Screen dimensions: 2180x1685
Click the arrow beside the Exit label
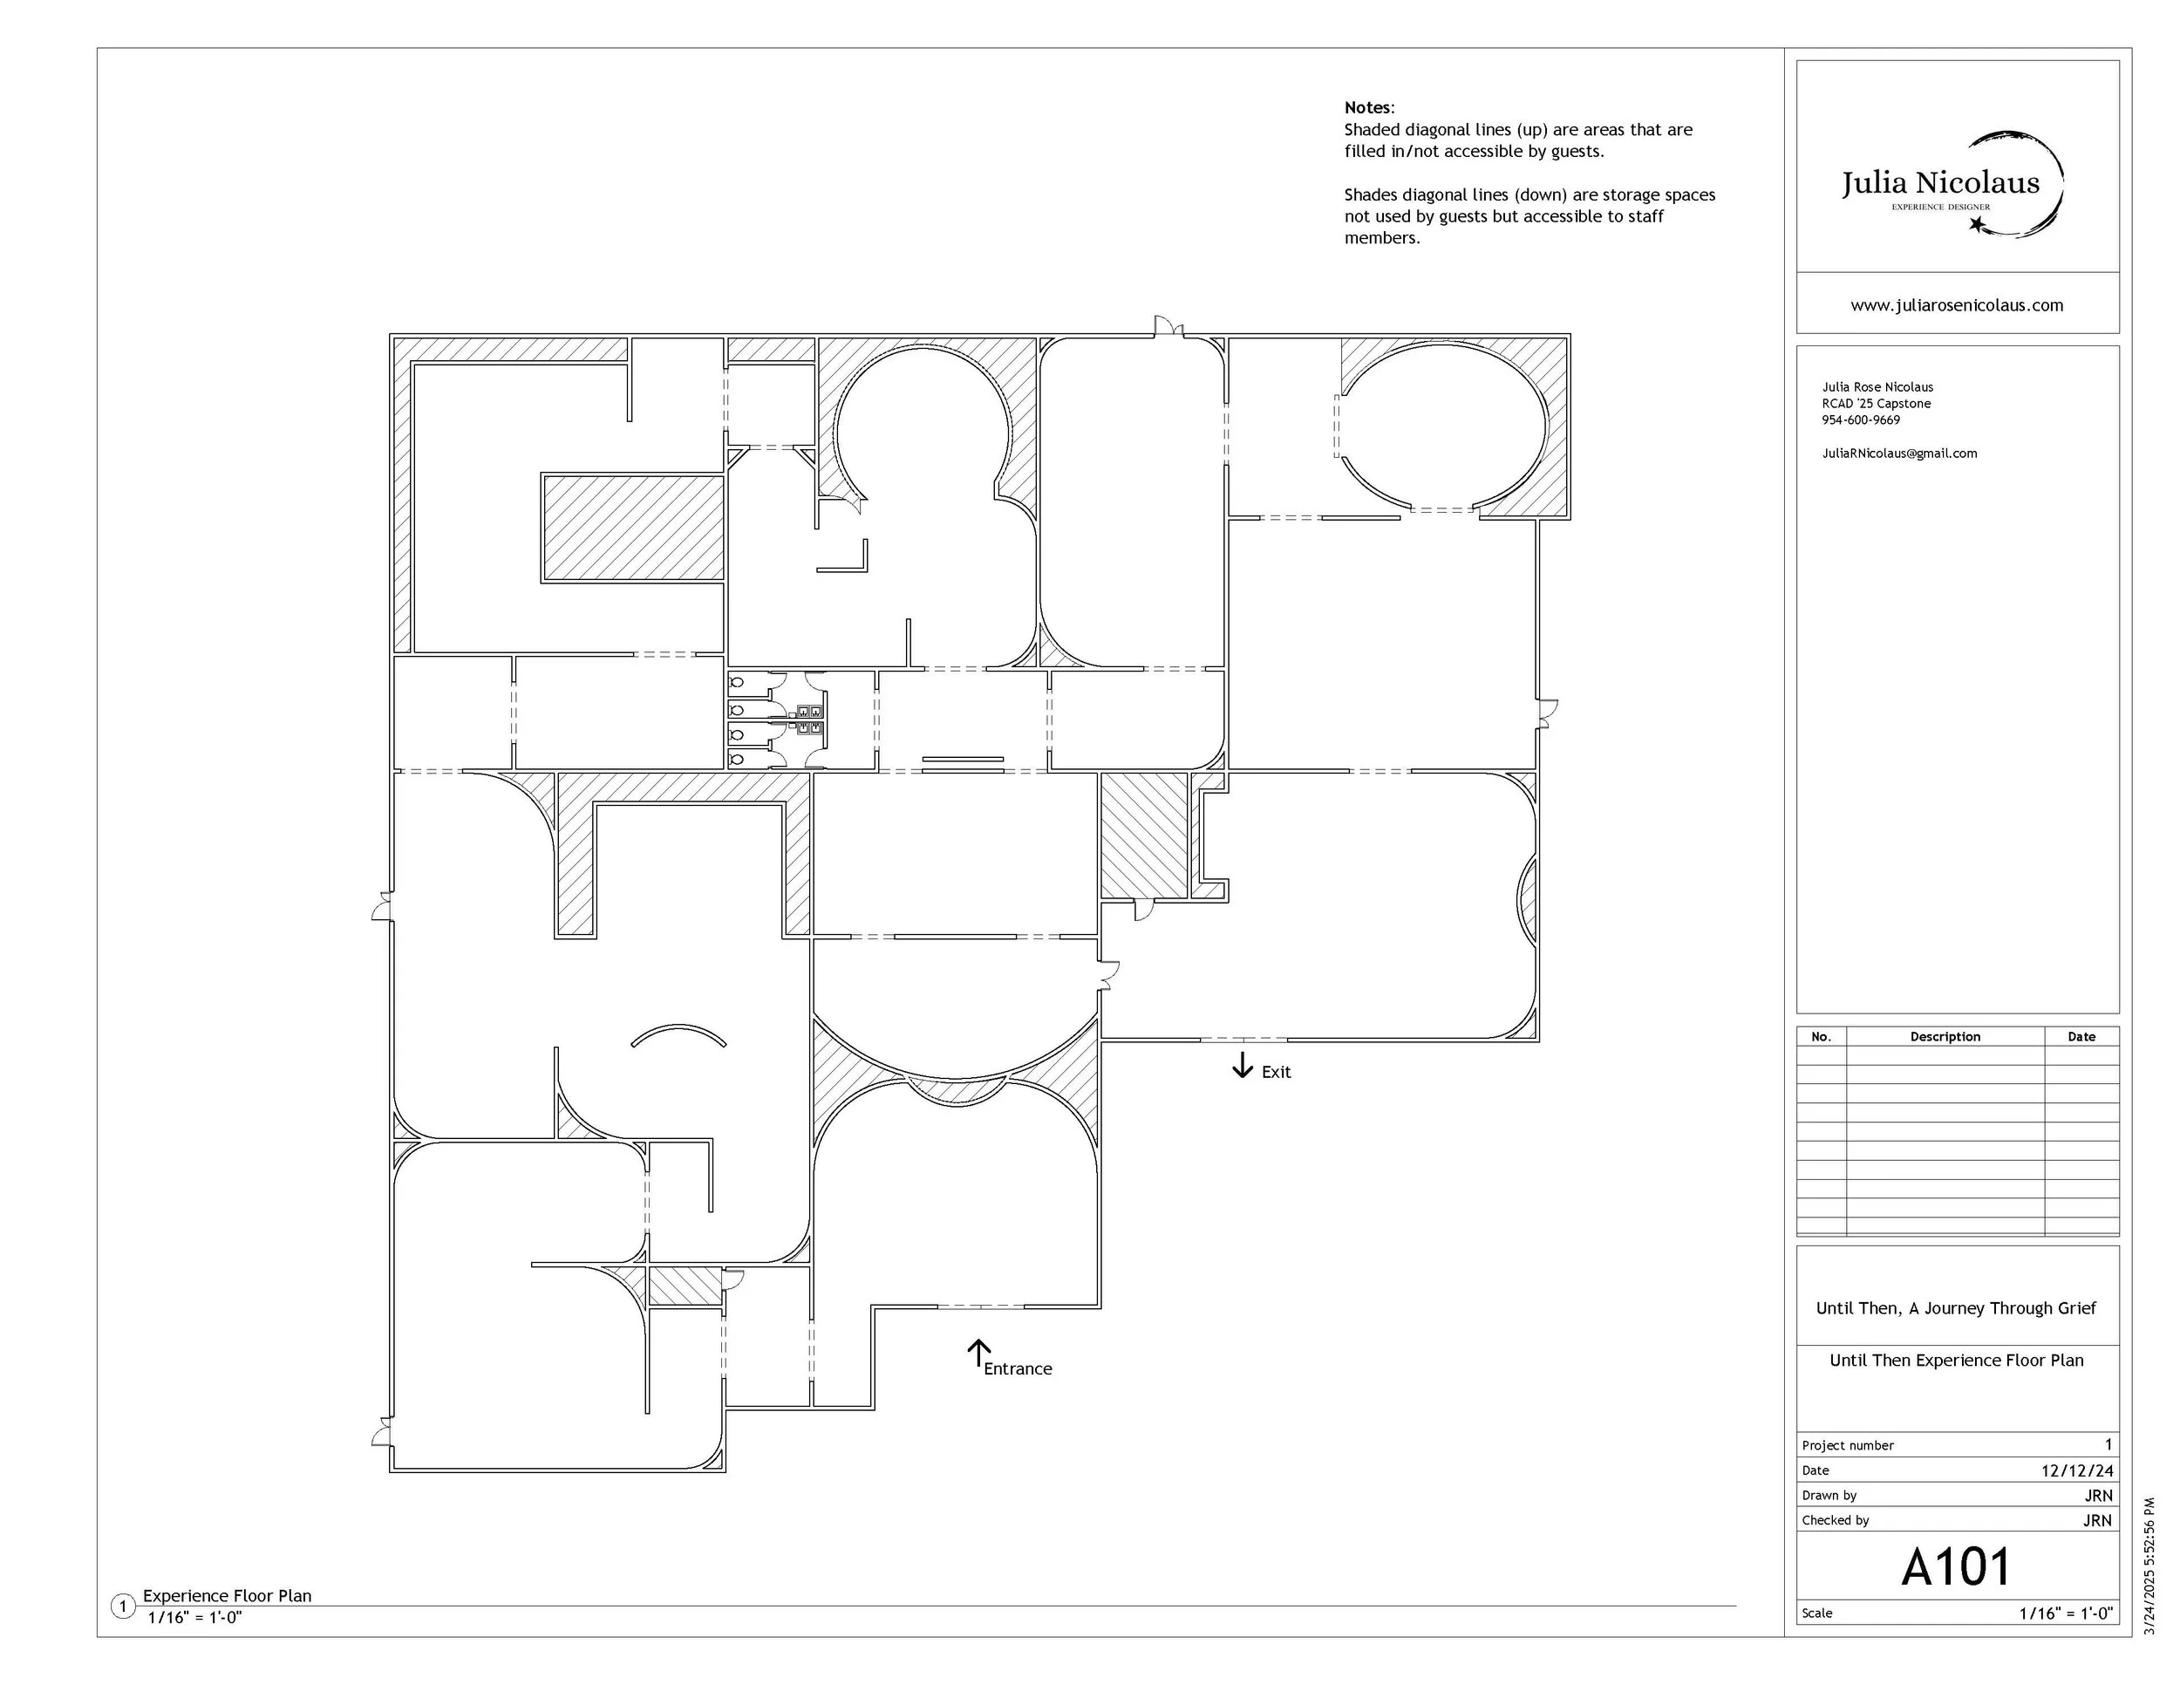pos(1242,1065)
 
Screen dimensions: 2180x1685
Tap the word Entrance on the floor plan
pos(1018,1368)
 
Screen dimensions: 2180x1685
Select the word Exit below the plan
pos(1276,1072)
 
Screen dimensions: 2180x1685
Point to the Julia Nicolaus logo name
pos(1940,182)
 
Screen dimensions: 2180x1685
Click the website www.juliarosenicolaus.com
pos(1957,305)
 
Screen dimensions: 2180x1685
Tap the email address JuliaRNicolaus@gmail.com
pos(1899,454)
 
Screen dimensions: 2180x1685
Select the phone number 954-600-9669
pos(1862,420)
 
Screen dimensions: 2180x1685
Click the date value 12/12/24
pos(2077,1470)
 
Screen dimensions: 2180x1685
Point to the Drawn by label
pos(1829,1496)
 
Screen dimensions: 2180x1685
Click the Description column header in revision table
pos(1945,1036)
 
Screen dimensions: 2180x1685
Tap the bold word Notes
pos(1367,108)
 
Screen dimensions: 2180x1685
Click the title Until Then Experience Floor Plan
pos(1957,1360)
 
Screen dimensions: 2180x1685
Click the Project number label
pos(1848,1445)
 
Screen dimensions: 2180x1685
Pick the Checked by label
pos(1836,1520)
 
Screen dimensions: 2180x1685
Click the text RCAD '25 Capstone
pos(1877,403)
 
